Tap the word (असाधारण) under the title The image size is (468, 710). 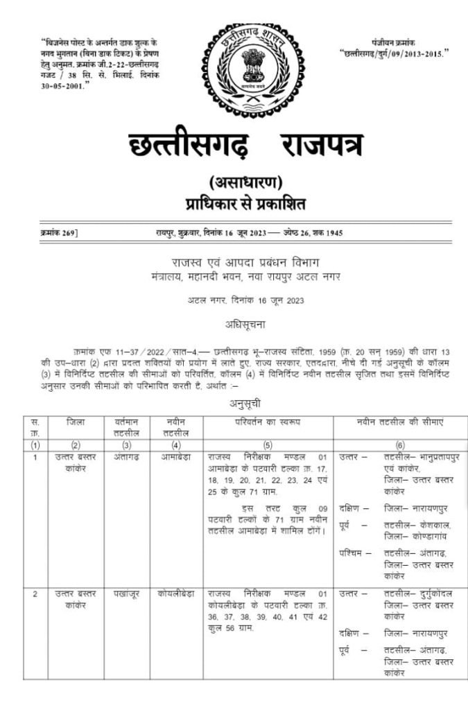click(245, 183)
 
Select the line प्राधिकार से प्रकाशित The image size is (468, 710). click(245, 204)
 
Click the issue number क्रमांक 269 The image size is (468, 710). click(59, 233)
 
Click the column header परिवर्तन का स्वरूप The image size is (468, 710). click(268, 422)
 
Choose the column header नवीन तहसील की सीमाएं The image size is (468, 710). click(400, 422)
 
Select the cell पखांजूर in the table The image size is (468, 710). click(125, 594)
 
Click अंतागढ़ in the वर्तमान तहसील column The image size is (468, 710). click(125, 458)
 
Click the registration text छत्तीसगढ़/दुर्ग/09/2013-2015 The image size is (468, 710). click(394, 52)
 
